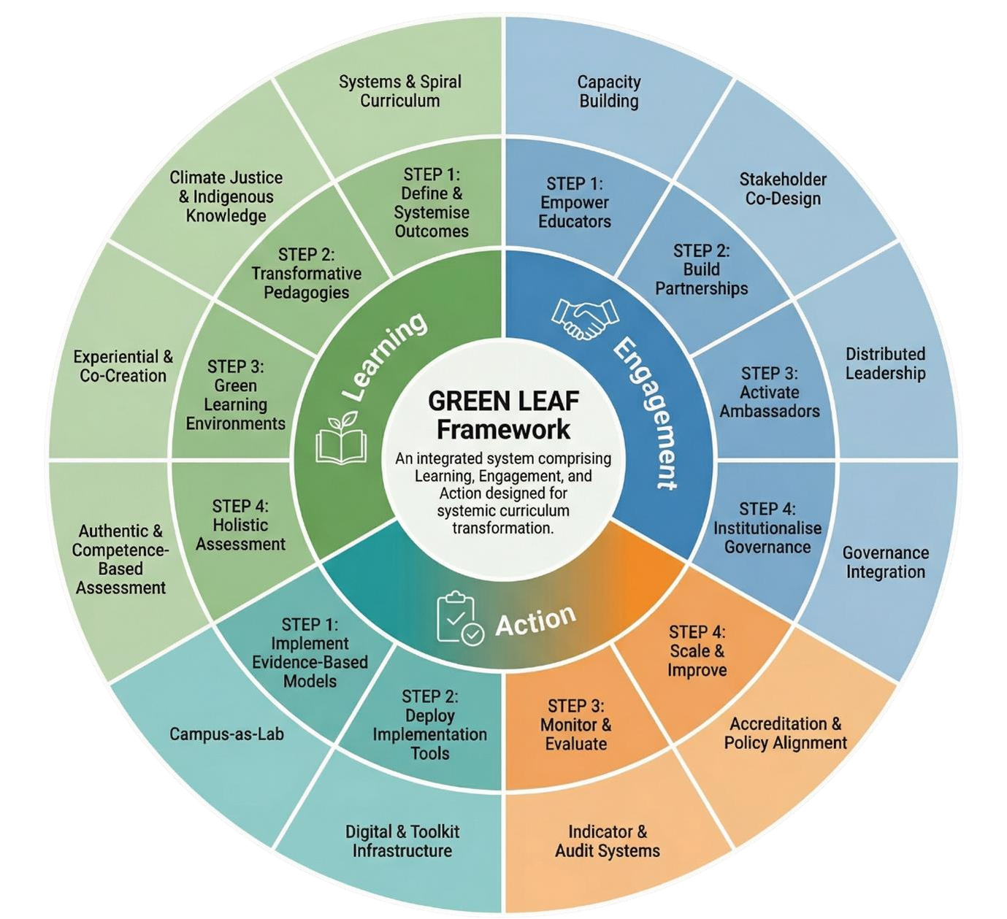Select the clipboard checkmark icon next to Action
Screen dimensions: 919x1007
[x=459, y=619]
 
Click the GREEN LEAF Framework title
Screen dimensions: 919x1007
[x=503, y=415]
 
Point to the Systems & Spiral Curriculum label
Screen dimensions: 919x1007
[x=400, y=91]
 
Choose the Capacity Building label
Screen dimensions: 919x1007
[x=609, y=91]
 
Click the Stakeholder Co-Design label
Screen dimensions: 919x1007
[x=783, y=189]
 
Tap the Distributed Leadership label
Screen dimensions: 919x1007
[x=885, y=364]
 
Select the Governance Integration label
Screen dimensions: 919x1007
[x=885, y=562]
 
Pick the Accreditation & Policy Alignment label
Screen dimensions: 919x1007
[x=785, y=734]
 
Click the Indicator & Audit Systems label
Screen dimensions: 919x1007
[x=608, y=841]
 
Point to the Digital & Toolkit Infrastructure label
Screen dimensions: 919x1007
[x=402, y=841]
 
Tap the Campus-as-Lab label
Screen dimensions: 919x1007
[x=226, y=734]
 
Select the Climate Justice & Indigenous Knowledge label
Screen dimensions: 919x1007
[x=226, y=196]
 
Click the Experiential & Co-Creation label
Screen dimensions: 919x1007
[x=123, y=366]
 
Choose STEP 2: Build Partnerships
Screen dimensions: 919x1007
[x=701, y=270]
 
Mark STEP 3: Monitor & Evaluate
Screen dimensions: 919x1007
[x=576, y=725]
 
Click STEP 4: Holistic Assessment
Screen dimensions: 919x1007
[x=240, y=525]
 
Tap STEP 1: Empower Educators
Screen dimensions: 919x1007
[x=575, y=202]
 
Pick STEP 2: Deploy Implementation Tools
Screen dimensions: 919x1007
[x=430, y=725]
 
